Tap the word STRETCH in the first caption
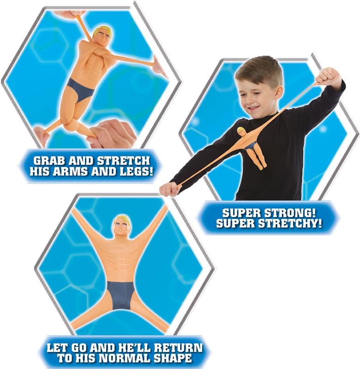click(x=123, y=161)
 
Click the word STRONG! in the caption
click(x=289, y=213)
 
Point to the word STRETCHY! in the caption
click(x=290, y=223)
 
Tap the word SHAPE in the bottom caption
click(x=173, y=358)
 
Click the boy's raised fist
click(x=328, y=77)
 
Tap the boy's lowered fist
click(x=169, y=189)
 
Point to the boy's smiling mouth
click(x=252, y=108)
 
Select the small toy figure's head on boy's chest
click(x=241, y=131)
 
